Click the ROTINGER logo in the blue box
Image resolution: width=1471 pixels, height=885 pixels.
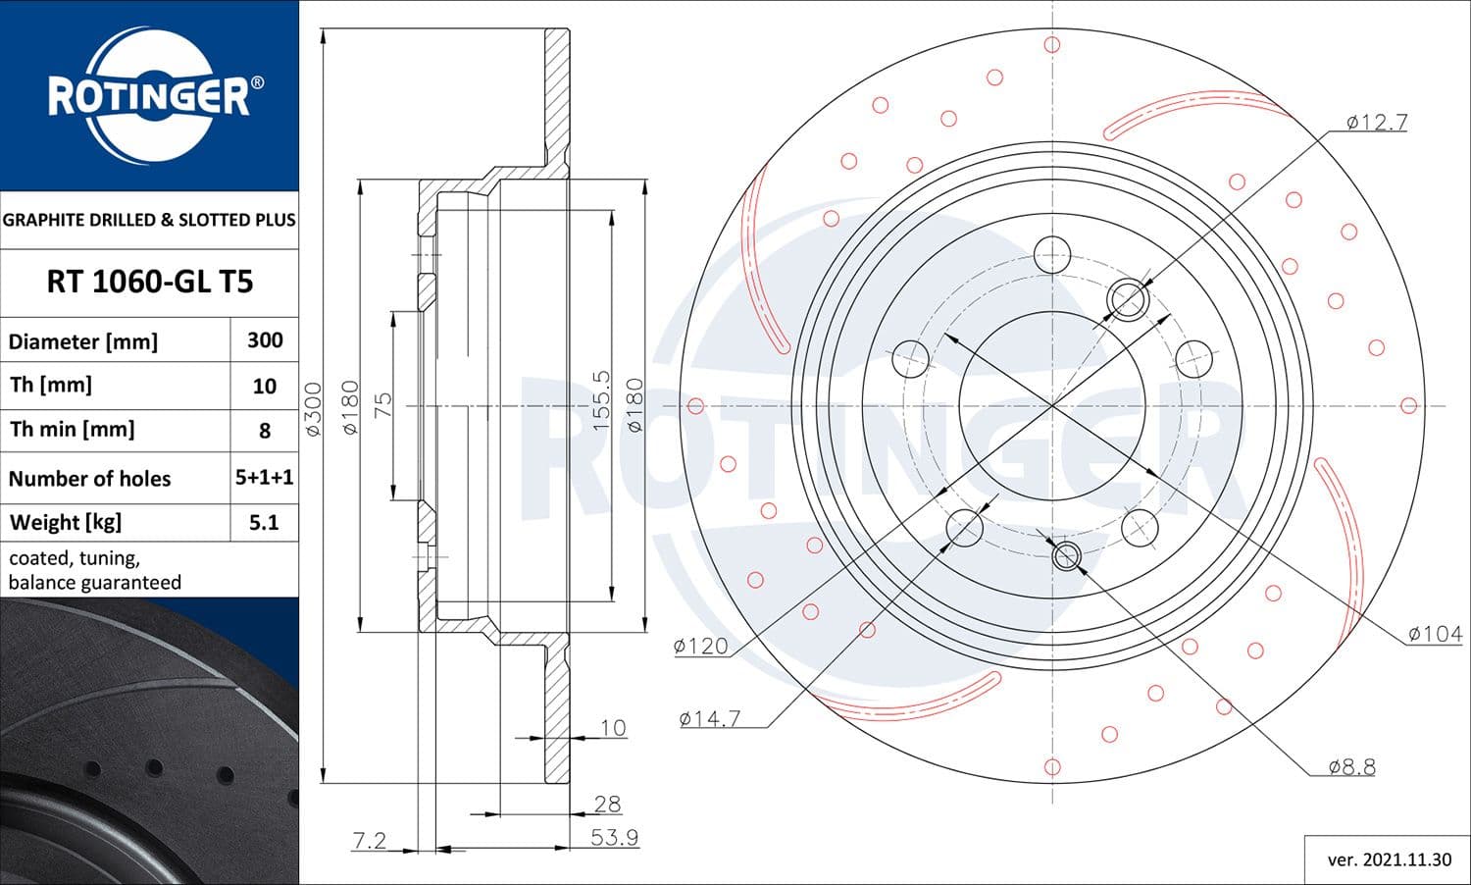coord(149,96)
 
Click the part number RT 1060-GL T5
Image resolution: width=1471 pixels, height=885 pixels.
coord(149,283)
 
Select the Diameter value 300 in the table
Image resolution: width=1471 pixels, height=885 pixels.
coord(265,340)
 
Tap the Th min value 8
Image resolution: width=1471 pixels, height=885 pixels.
coord(265,430)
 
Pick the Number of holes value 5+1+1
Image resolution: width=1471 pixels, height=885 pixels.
coord(265,478)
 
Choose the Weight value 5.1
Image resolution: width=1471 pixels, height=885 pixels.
coord(265,522)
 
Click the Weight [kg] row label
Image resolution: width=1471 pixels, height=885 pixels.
coord(66,522)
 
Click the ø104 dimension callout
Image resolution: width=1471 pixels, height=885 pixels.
coord(1435,635)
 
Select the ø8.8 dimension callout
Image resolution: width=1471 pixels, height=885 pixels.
coord(1351,767)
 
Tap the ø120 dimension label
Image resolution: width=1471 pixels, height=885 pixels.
coord(701,646)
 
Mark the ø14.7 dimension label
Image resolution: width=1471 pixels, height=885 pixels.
coord(710,719)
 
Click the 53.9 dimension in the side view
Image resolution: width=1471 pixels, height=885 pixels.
coord(614,838)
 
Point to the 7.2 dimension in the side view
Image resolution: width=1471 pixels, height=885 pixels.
coord(370,841)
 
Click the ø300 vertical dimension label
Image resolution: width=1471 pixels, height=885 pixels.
coord(313,409)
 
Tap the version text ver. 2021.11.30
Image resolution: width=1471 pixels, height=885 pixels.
coord(1389,859)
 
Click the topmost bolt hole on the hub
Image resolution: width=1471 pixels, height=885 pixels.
coord(1051,254)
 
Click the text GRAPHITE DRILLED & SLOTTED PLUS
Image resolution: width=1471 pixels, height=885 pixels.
coord(149,220)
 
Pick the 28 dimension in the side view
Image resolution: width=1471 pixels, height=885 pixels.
coord(607,804)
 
